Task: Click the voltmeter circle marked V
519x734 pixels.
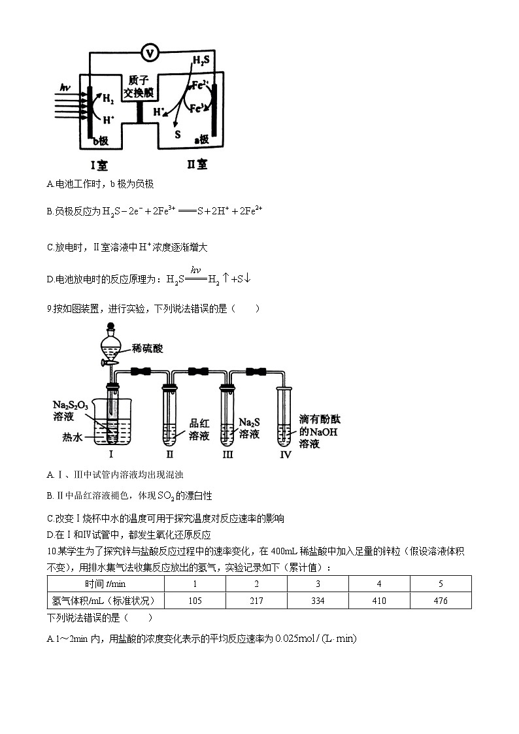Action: coord(150,52)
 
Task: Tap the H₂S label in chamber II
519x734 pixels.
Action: coord(201,62)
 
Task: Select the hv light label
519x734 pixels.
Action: coord(65,87)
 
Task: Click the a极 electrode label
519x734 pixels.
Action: coord(202,139)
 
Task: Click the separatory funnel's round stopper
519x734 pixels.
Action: coord(110,327)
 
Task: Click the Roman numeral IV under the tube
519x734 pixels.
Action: coord(285,455)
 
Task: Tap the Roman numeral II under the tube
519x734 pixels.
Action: coord(169,454)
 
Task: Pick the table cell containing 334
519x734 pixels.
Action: coord(318,601)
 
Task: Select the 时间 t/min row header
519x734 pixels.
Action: coord(105,584)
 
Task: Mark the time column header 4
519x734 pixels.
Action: coord(379,584)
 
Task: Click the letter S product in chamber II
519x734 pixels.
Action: coord(176,135)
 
